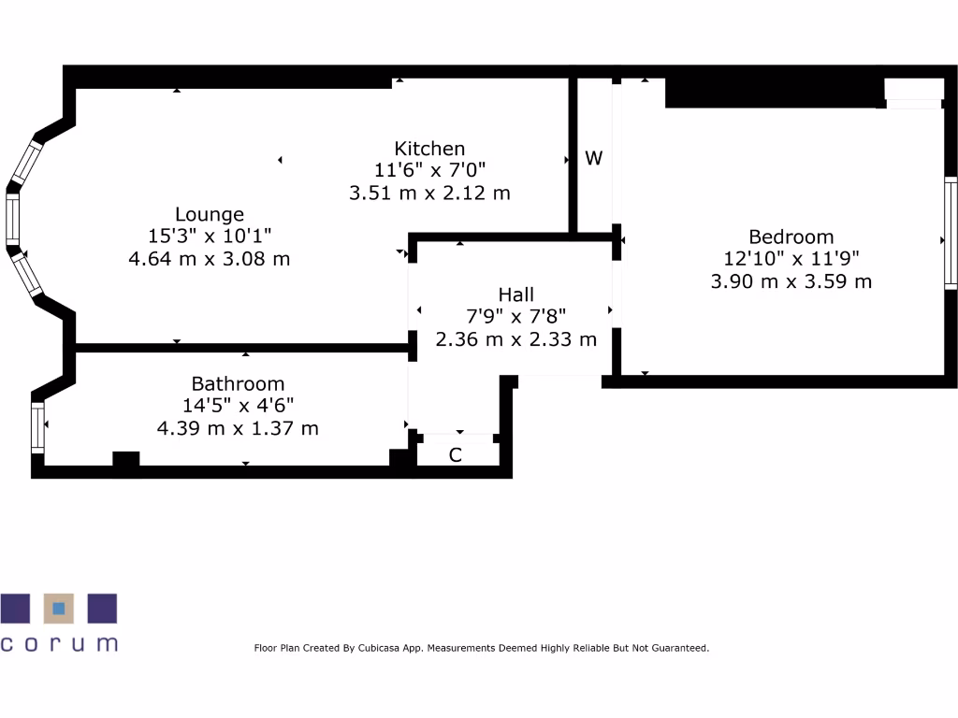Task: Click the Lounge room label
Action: [x=209, y=214]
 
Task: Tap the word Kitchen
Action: [x=429, y=148]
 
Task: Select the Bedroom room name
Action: [x=791, y=237]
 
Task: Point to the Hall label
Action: [x=515, y=294]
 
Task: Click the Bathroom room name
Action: [x=238, y=383]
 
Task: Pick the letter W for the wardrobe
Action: [x=593, y=158]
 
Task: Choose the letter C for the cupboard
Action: [x=456, y=455]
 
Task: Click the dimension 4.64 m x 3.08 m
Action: [x=209, y=258]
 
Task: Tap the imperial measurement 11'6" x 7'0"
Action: [x=429, y=170]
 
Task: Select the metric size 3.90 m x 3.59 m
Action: [x=791, y=280]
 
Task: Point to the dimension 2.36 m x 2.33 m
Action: [x=515, y=338]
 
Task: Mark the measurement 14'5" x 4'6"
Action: [x=238, y=406]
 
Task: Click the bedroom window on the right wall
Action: [x=951, y=232]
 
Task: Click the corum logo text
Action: [x=59, y=643]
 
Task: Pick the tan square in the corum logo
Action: [x=59, y=608]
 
